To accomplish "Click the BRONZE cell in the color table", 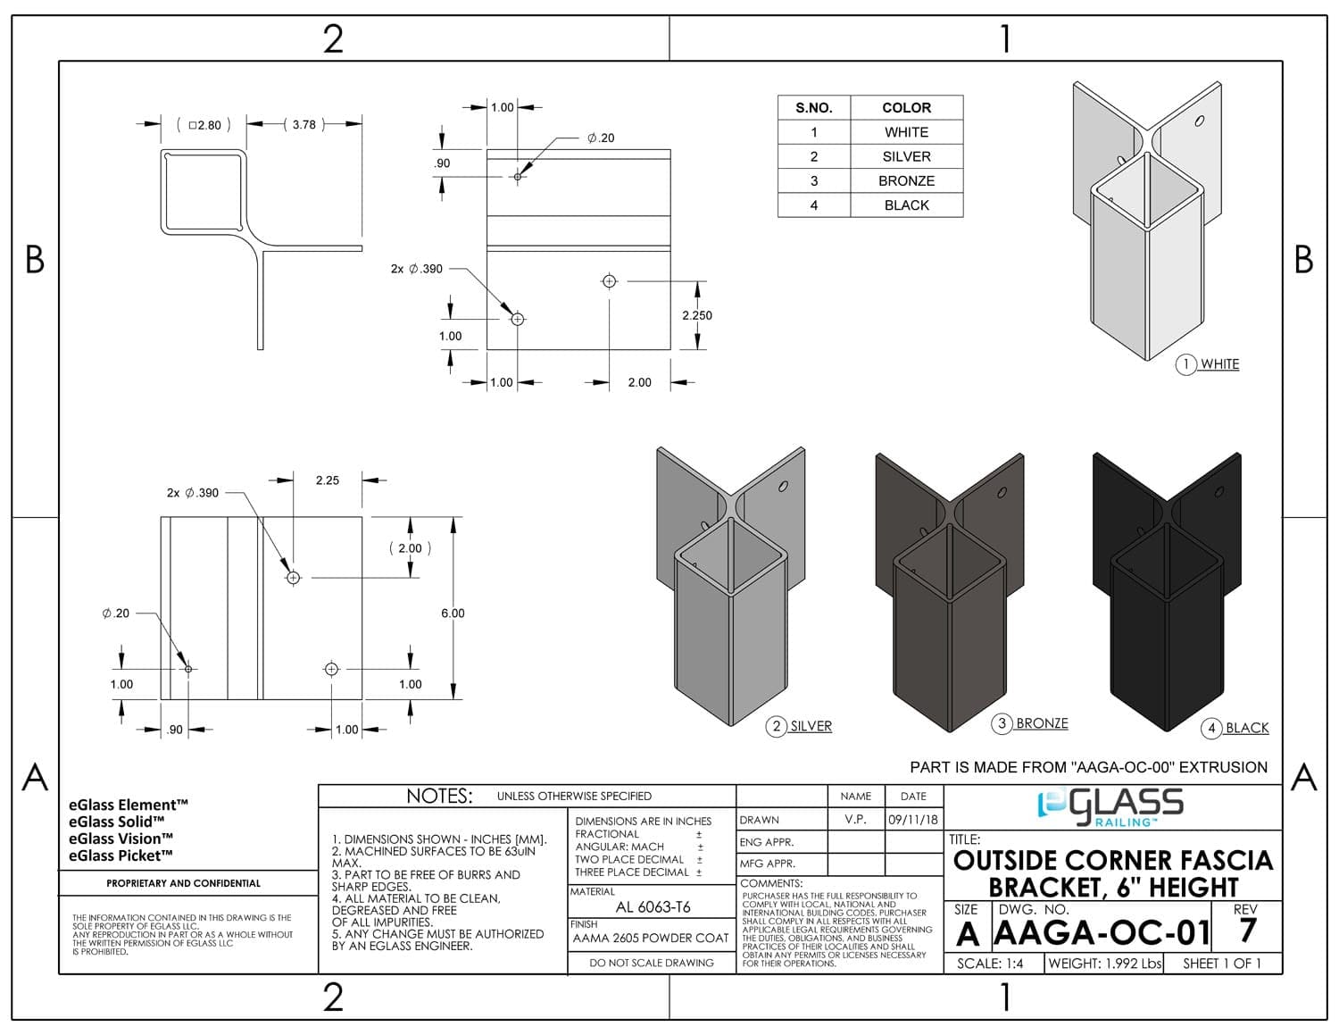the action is point(906,180).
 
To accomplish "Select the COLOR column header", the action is point(906,108).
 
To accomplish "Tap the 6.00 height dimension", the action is point(453,613).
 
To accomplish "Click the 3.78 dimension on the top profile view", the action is point(304,124).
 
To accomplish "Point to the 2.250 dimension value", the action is point(697,315).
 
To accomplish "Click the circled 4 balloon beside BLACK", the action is point(1210,728).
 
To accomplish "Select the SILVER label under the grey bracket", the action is point(811,726).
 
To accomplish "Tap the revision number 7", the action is point(1247,931).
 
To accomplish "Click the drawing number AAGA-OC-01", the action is point(1102,932).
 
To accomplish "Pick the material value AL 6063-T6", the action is point(653,906).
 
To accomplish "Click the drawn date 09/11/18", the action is point(913,819).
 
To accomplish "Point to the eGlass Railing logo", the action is point(1110,807).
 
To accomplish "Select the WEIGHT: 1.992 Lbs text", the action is point(1105,964).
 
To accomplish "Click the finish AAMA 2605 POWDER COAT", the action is point(651,939).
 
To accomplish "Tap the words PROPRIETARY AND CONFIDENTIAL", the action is point(184,883).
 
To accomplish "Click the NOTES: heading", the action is point(439,796).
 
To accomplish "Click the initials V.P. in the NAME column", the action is point(855,819).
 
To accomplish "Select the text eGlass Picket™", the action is point(121,856).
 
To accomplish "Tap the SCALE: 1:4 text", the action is point(990,964).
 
